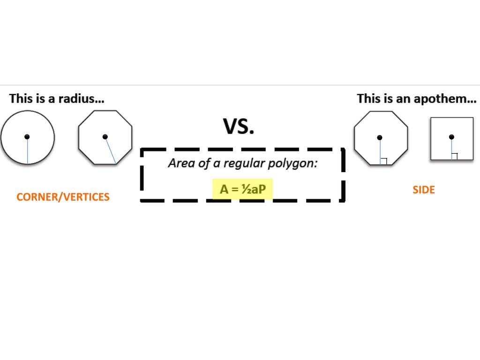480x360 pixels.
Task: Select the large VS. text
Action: (239, 126)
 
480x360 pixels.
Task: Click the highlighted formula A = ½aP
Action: (242, 189)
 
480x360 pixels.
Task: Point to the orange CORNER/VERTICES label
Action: (63, 197)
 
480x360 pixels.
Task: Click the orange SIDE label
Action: (424, 190)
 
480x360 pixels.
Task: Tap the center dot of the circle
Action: (27, 136)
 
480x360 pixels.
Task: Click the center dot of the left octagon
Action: (105, 137)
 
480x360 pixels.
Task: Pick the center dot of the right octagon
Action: (380, 138)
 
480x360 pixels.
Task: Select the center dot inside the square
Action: (451, 137)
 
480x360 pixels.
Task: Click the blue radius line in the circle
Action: (27, 151)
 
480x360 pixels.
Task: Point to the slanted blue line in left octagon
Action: (111, 151)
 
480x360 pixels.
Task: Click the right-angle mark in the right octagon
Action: (383, 161)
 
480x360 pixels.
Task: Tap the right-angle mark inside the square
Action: (454, 156)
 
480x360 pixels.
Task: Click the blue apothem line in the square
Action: (451, 149)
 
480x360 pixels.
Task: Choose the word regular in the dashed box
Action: (246, 164)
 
